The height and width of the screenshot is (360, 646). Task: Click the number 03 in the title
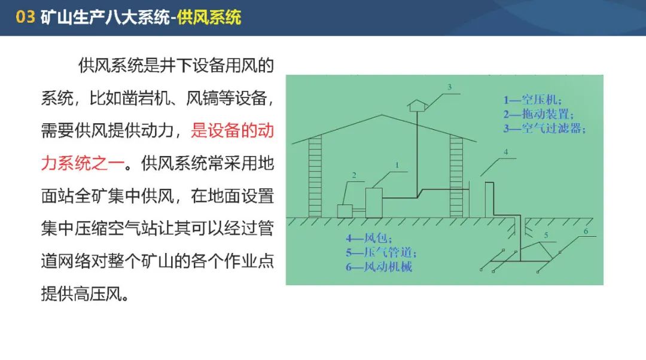(25, 17)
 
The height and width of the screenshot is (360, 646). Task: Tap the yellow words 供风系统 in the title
(209, 17)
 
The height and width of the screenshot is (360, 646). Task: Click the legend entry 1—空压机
(532, 100)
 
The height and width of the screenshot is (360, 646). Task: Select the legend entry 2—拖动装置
(538, 114)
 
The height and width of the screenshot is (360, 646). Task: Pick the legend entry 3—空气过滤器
(544, 129)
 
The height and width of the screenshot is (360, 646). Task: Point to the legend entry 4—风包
(368, 238)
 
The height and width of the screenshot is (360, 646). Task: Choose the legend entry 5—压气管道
(381, 252)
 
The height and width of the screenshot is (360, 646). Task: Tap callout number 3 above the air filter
(449, 87)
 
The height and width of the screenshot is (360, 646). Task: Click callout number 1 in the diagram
(397, 165)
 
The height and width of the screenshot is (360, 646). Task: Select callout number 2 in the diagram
(354, 175)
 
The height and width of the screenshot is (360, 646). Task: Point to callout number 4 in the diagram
(506, 152)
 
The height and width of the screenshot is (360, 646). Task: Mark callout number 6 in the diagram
(586, 231)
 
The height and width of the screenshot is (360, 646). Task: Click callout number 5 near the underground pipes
(546, 235)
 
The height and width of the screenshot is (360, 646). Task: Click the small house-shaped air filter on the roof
(417, 105)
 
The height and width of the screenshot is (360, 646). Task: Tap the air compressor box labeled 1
(374, 203)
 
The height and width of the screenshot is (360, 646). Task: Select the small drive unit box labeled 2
(345, 211)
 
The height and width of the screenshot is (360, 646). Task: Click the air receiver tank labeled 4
(489, 199)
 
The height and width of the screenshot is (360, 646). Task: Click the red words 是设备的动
(232, 130)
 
